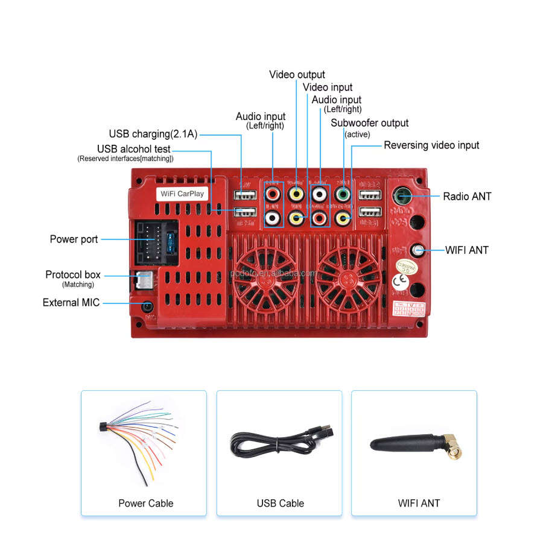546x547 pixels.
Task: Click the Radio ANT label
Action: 467,196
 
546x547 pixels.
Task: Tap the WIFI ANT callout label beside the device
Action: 466,250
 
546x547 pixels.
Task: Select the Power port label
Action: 74,239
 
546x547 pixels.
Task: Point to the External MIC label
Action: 71,302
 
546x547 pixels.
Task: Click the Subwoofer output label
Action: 369,123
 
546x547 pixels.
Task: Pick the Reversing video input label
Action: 431,145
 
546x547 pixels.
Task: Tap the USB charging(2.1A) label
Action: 153,134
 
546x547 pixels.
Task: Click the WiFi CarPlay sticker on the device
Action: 182,194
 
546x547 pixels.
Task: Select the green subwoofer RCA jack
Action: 343,194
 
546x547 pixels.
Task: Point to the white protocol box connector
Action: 144,279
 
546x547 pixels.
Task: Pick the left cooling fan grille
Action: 266,274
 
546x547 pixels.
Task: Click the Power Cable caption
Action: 145,503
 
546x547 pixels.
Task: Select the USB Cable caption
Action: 280,503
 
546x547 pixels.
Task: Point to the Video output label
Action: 297,75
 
